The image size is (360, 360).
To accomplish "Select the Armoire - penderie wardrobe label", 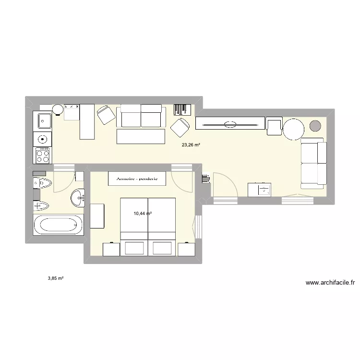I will pyautogui.click(x=137, y=179).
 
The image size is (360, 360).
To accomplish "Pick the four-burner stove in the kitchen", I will pyautogui.click(x=43, y=155).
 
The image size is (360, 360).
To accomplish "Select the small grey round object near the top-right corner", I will pyautogui.click(x=315, y=126).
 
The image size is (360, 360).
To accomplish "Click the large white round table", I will pyautogui.click(x=293, y=129).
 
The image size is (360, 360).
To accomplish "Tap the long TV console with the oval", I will pyautogui.click(x=230, y=123).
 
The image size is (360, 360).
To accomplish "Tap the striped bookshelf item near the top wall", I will pyautogui.click(x=182, y=109).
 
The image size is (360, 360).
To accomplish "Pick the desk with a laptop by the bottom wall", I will pyautogui.click(x=259, y=190).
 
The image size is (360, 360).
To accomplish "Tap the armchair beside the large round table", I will pyautogui.click(x=274, y=126).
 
